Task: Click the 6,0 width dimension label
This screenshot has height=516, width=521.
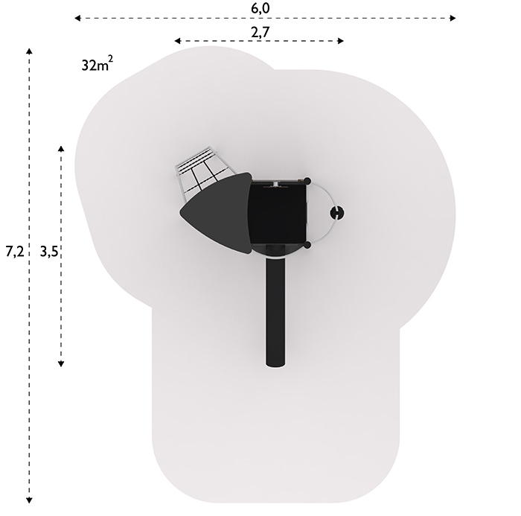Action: (260, 8)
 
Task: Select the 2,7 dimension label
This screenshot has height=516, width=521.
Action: (260, 32)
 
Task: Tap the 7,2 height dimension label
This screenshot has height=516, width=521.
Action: (15, 252)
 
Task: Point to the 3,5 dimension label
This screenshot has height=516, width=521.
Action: (49, 252)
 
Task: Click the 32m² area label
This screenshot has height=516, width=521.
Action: (97, 63)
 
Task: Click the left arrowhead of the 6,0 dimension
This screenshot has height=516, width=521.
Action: (77, 18)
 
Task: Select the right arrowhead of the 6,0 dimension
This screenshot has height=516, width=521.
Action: (453, 18)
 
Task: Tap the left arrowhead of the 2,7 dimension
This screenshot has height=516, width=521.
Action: (177, 41)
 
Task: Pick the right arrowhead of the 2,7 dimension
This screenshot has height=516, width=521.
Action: (341, 41)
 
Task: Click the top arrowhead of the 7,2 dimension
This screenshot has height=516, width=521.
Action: (29, 51)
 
